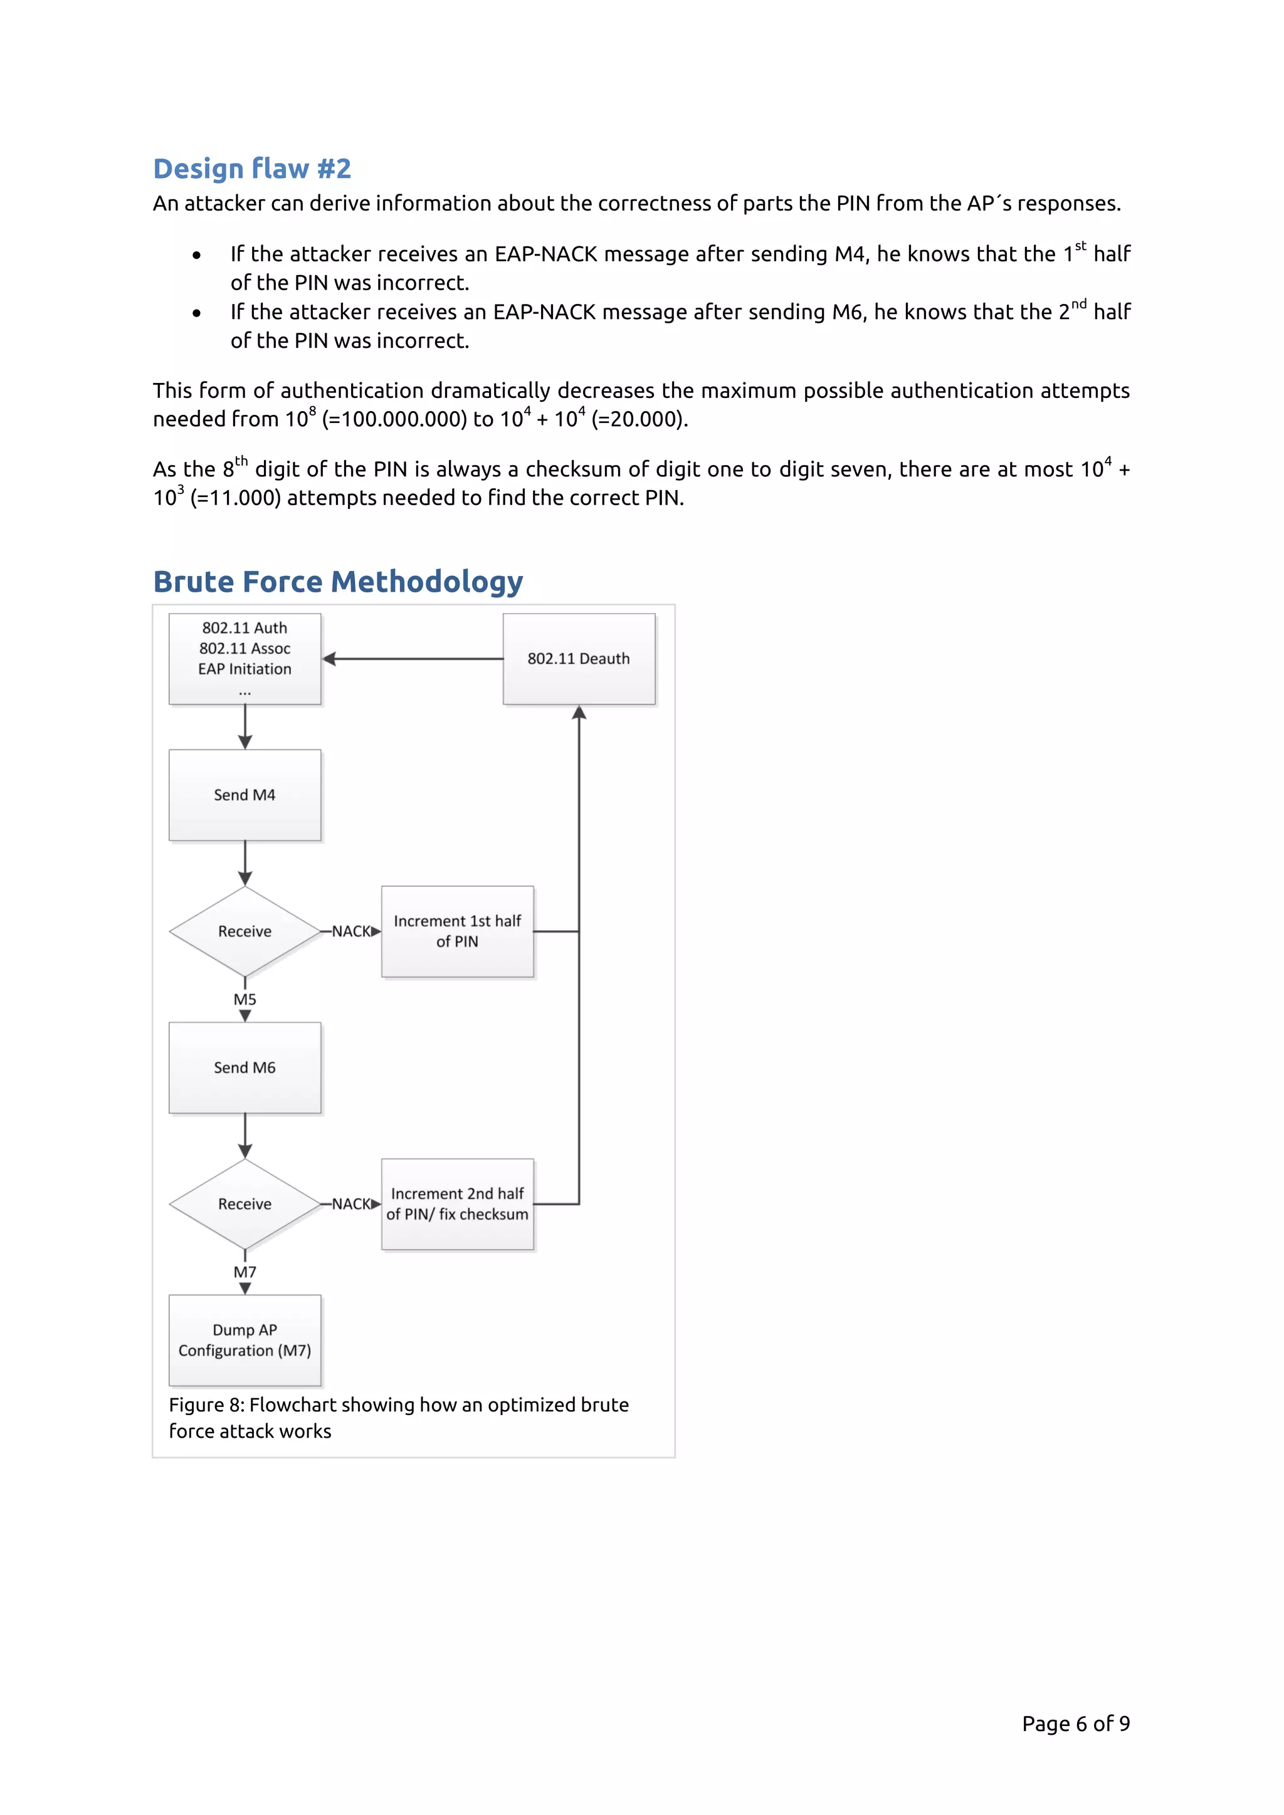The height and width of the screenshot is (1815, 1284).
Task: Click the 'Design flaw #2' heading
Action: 251,169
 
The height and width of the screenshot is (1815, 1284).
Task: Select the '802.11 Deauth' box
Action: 579,659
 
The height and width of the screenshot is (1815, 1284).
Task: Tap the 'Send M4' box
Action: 245,795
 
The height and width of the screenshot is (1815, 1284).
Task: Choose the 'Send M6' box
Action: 245,1067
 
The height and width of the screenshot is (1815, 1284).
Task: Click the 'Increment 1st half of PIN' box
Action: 457,931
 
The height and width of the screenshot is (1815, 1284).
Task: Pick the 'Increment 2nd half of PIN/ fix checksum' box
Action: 457,1204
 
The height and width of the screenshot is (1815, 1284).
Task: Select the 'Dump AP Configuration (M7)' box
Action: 245,1340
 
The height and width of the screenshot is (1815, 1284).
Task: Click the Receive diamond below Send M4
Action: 245,931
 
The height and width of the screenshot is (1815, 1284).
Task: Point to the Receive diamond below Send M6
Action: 245,1204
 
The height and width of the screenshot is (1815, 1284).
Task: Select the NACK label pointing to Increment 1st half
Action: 351,931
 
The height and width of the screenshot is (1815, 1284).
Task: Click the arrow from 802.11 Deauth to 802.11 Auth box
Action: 411,659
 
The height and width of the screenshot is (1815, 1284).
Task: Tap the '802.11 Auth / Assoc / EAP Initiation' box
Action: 245,659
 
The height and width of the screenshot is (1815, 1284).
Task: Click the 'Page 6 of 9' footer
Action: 1075,1723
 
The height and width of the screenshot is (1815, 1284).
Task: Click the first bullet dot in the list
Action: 196,255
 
